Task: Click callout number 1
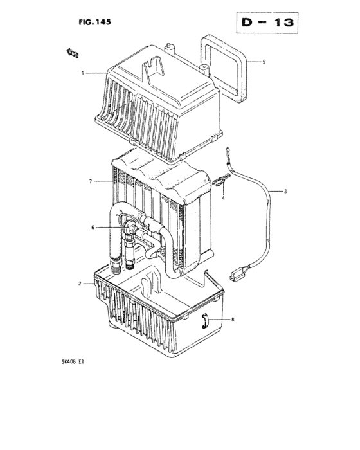pos(83,73)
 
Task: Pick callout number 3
pos(286,191)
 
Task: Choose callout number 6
pos(93,227)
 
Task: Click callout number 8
pos(232,319)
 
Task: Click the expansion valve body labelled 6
pos(131,228)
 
